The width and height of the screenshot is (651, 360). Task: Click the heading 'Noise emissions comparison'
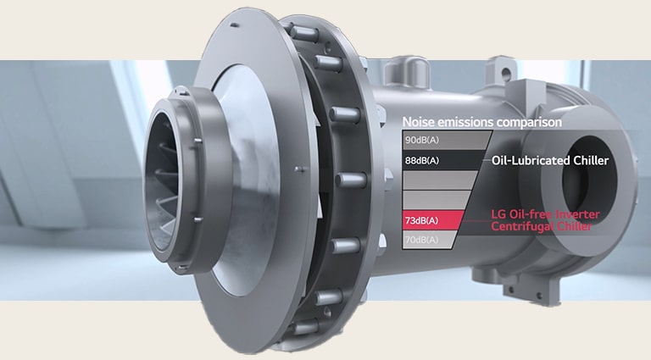(x=481, y=122)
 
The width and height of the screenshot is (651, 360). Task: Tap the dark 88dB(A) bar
(x=441, y=160)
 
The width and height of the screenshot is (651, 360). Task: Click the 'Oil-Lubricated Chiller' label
(x=550, y=160)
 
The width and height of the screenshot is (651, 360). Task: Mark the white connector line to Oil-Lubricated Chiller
(x=486, y=160)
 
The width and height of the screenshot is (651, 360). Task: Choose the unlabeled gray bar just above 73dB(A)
(x=437, y=200)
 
